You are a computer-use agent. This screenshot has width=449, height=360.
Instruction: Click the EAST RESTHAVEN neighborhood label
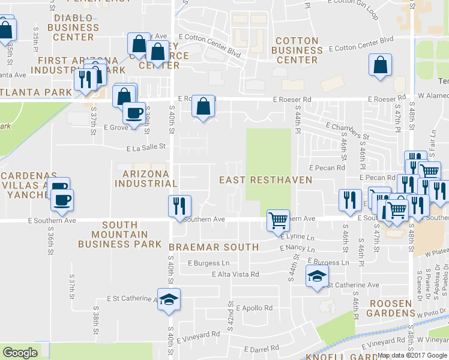pyautogui.click(x=265, y=180)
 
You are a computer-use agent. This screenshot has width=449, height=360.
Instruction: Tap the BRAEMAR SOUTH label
pyautogui.click(x=214, y=247)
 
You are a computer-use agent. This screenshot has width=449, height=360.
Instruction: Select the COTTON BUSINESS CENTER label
pyautogui.click(x=297, y=50)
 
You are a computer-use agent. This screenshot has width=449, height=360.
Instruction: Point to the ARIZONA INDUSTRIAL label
pyautogui.click(x=146, y=178)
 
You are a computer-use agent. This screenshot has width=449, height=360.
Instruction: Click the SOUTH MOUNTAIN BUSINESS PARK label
pyautogui.click(x=119, y=235)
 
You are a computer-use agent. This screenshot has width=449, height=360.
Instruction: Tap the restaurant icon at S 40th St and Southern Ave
pyautogui.click(x=179, y=206)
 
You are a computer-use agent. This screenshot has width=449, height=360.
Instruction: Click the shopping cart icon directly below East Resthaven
pyautogui.click(x=278, y=220)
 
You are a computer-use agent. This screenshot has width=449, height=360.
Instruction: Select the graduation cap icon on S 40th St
pyautogui.click(x=169, y=298)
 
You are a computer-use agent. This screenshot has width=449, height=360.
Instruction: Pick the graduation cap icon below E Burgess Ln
pyautogui.click(x=315, y=277)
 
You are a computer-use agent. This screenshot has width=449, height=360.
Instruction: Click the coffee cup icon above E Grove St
pyautogui.click(x=134, y=113)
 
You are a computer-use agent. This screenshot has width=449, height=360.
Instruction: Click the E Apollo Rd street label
pyautogui.click(x=255, y=308)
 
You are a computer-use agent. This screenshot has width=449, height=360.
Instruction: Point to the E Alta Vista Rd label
pyautogui.click(x=235, y=274)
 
